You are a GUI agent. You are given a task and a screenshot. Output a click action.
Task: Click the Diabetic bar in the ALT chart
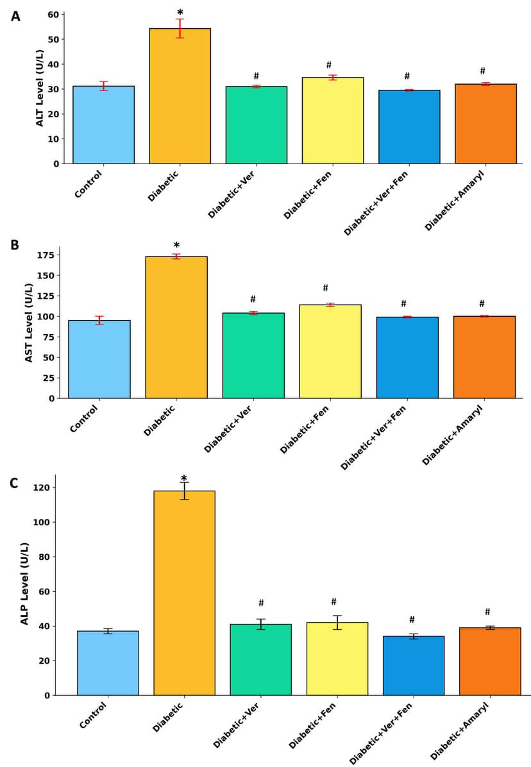(x=180, y=96)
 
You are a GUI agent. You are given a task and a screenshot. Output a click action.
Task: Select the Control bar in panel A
(x=103, y=125)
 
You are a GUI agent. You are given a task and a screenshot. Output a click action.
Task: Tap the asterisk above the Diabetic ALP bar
(x=184, y=479)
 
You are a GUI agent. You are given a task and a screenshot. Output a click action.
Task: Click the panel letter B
(x=14, y=246)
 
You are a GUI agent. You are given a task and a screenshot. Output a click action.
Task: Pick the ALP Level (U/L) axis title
(x=25, y=583)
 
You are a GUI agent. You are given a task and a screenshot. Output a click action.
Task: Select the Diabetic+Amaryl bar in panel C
(x=490, y=661)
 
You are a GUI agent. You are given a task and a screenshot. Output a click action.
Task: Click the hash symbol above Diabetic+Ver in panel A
(x=256, y=76)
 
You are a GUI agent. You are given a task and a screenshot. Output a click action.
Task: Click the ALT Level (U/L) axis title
(x=40, y=87)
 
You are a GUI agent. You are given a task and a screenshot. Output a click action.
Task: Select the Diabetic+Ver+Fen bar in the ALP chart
(x=414, y=666)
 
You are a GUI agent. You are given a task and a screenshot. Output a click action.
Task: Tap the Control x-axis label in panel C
(x=94, y=714)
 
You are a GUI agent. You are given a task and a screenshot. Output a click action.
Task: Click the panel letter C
(x=14, y=484)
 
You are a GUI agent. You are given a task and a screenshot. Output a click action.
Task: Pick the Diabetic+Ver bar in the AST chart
(x=253, y=355)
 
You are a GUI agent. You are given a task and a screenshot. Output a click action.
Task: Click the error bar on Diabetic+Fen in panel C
(x=337, y=622)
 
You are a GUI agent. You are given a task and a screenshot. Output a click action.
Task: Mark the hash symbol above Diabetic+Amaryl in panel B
(x=482, y=304)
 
